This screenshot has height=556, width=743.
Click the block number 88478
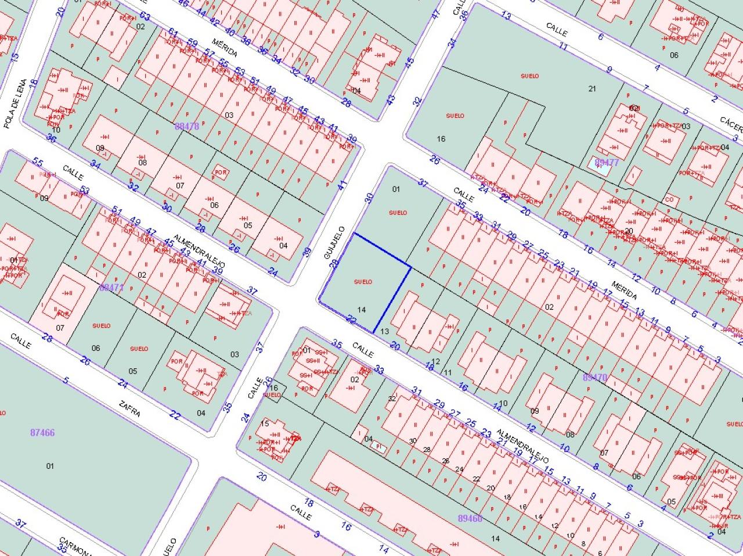(186, 125)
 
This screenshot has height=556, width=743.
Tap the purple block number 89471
(112, 287)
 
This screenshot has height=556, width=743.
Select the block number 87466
(42, 432)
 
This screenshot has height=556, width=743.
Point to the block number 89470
(594, 377)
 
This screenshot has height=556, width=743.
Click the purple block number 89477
(607, 162)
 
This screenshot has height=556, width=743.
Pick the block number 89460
(470, 518)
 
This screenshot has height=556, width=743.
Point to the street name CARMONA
(75, 546)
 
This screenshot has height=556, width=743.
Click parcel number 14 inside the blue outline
(362, 310)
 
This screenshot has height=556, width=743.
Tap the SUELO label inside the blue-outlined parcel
(363, 282)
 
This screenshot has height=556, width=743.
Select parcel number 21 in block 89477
(592, 88)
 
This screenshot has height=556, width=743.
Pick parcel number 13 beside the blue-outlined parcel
(384, 331)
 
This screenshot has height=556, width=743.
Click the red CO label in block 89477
(669, 199)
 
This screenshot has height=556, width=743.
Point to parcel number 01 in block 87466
(50, 465)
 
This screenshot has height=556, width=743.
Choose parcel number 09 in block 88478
(100, 148)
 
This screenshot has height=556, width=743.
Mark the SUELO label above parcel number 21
(529, 76)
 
